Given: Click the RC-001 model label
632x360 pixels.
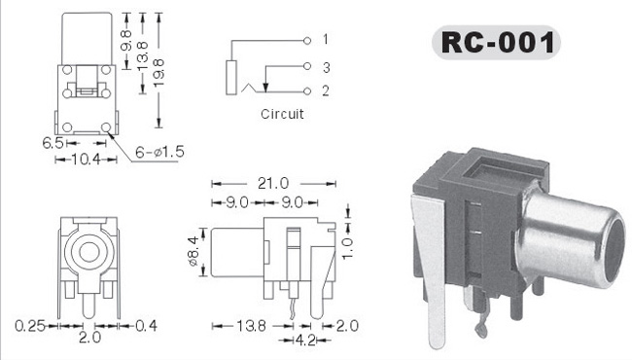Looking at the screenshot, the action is pyautogui.click(x=498, y=43).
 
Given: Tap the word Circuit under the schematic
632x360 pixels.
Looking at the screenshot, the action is pyautogui.click(x=282, y=114).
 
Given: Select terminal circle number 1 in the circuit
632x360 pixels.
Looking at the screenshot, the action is pyautogui.click(x=307, y=40).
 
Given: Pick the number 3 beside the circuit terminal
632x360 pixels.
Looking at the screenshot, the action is pyautogui.click(x=326, y=67).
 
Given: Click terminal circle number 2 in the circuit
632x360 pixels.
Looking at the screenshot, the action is pyautogui.click(x=307, y=91).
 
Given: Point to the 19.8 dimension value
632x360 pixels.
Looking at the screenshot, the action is pyautogui.click(x=159, y=73).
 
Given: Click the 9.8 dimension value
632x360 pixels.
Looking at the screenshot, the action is pyautogui.click(x=126, y=40).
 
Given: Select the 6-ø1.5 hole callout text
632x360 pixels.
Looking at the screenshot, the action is pyautogui.click(x=159, y=152).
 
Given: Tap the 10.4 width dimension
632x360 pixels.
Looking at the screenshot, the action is pyautogui.click(x=86, y=160).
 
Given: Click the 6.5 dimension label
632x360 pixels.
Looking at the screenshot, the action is pyautogui.click(x=53, y=143).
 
